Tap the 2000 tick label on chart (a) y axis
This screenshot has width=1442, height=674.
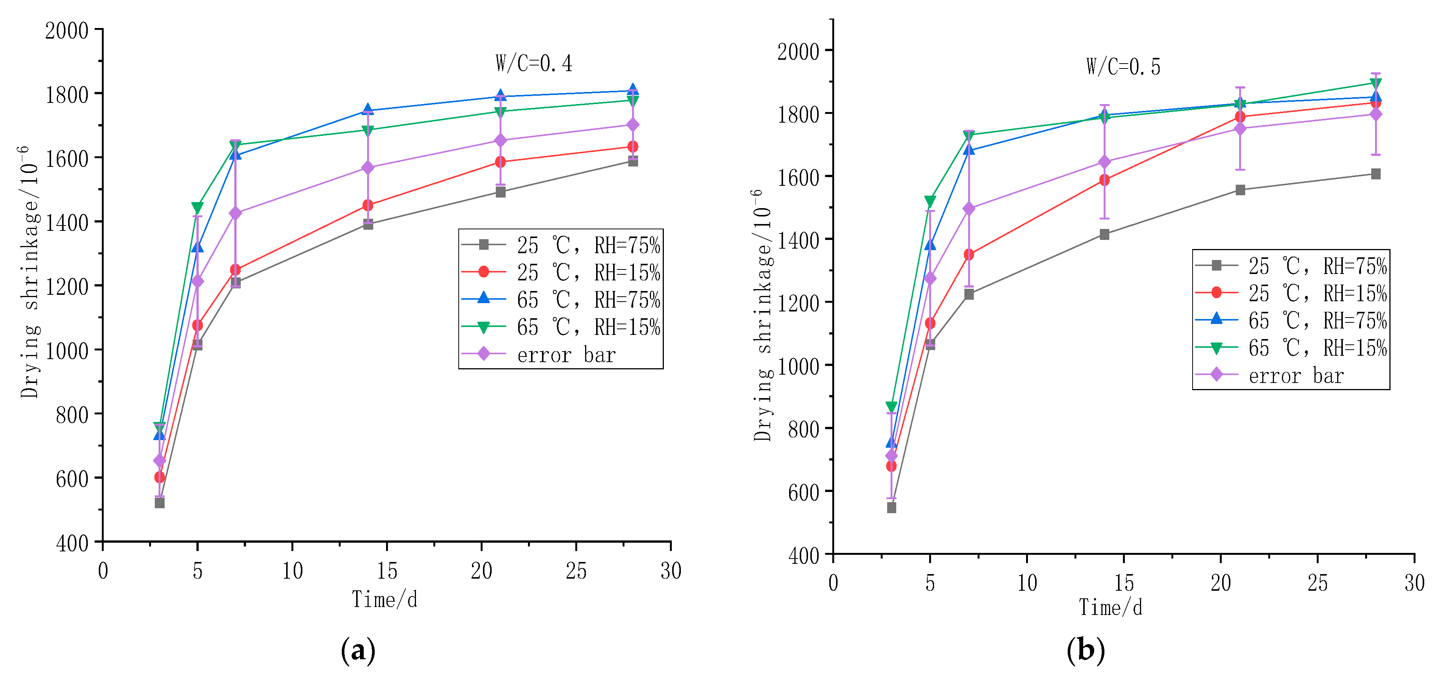67,30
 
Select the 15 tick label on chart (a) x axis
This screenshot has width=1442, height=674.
386,571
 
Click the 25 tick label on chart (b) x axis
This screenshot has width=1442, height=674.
1317,583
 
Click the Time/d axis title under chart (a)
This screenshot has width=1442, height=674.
385,599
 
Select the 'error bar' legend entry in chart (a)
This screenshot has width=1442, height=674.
565,355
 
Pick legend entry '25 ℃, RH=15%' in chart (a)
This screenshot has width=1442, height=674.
588,272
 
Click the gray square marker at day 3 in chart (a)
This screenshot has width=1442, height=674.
160,503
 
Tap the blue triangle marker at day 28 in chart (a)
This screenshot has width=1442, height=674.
632,90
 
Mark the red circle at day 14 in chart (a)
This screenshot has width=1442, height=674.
368,205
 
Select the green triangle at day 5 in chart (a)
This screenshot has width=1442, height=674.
197,208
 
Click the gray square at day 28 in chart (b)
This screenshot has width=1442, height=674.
1375,174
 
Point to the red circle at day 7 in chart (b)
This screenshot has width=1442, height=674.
969,255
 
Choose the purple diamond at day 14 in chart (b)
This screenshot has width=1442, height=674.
1104,162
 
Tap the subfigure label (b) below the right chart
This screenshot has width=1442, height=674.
1085,651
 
